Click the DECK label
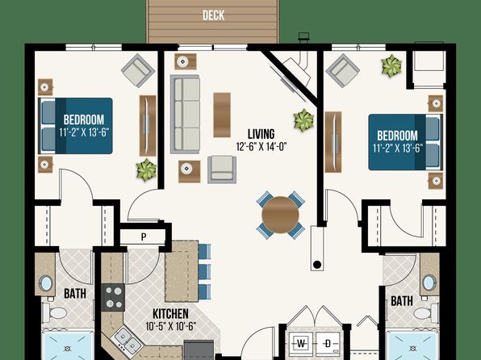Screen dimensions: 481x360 click(214, 15)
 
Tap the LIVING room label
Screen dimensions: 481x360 click(261, 134)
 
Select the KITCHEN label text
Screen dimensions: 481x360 click(170, 314)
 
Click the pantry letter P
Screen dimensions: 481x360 click(144, 237)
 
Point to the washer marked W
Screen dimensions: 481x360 click(301, 343)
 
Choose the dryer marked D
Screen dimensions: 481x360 click(328, 343)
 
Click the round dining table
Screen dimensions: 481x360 click(280, 215)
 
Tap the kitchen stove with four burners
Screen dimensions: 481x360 click(113, 297)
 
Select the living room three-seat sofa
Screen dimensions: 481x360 click(186, 114)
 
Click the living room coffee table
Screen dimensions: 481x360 click(222, 115)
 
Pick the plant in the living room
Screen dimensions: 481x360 click(303, 120)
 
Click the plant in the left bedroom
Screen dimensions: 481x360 click(146, 170)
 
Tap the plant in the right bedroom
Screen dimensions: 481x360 click(391, 65)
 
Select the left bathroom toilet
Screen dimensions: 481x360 click(55, 312)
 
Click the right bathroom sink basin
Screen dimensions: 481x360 click(429, 282)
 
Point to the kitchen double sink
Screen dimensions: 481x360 click(128, 339)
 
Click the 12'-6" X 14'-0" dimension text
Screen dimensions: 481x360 click(261, 147)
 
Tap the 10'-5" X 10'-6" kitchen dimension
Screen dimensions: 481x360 click(170, 326)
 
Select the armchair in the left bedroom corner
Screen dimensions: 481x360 click(138, 70)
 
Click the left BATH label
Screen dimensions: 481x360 click(75, 294)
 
